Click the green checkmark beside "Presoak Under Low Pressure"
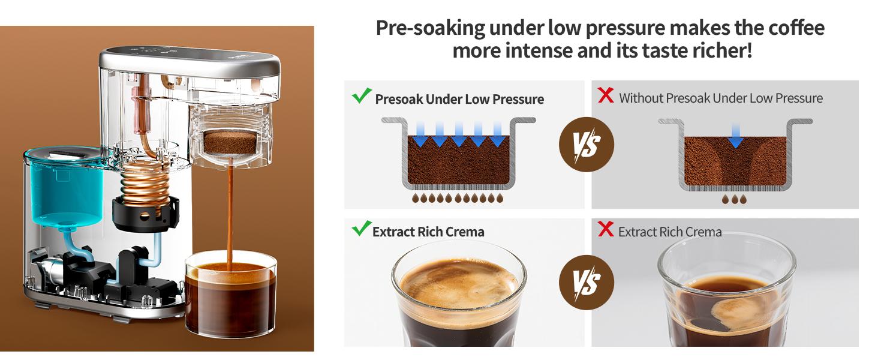tap(362, 96)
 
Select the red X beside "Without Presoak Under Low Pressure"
tap(606, 95)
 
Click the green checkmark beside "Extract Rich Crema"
tap(360, 229)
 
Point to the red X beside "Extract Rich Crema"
tap(606, 229)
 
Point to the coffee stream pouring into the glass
tap(229, 216)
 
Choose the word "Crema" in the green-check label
tap(463, 232)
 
